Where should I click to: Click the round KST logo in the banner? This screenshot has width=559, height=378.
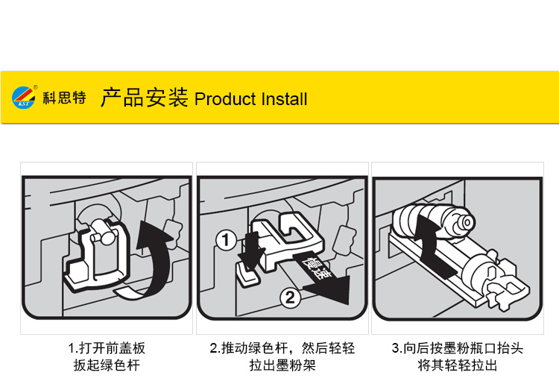(24, 97)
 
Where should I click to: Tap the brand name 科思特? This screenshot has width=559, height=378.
(65, 98)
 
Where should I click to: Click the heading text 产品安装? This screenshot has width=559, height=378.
(144, 98)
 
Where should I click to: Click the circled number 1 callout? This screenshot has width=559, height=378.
(226, 240)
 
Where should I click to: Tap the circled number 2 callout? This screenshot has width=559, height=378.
(290, 297)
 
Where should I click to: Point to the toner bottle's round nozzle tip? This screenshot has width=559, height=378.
(467, 222)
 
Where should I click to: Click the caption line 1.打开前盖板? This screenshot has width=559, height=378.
(107, 348)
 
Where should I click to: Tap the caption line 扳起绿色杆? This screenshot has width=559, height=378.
(107, 365)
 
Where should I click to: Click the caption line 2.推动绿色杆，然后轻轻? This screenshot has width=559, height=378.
(282, 348)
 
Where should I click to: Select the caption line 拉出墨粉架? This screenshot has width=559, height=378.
(282, 365)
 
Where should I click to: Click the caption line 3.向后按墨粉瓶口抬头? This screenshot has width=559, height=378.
(458, 348)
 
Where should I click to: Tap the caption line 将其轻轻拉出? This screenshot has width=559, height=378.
(458, 365)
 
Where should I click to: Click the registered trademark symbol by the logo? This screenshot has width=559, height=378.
(36, 87)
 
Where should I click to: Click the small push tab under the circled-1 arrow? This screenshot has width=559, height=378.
(246, 274)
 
